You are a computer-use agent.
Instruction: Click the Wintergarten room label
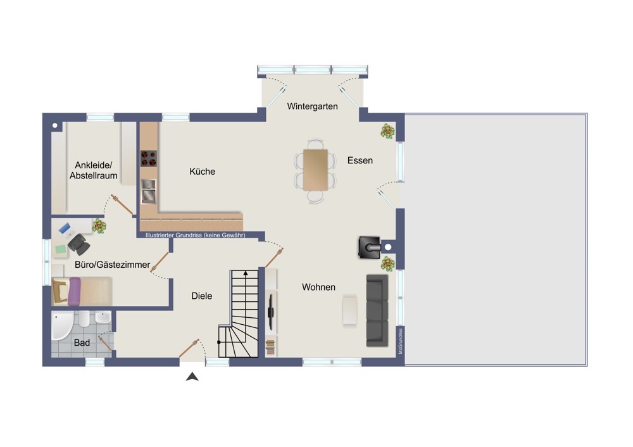pyautogui.click(x=313, y=106)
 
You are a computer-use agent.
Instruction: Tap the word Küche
pyautogui.click(x=203, y=172)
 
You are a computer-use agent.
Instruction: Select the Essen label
pyautogui.click(x=360, y=160)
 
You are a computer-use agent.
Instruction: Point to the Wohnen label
pyautogui.click(x=318, y=287)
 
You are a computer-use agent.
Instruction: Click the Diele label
pyautogui.click(x=202, y=296)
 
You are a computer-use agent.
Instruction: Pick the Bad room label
pyautogui.click(x=82, y=343)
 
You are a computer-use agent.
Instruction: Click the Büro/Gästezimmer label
pyautogui.click(x=112, y=265)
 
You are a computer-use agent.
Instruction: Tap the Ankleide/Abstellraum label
pyautogui.click(x=94, y=170)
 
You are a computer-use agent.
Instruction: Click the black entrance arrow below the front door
pyautogui.click(x=192, y=377)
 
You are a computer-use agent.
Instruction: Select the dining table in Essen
pyautogui.click(x=316, y=170)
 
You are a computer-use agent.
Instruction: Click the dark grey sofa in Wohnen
pyautogui.click(x=377, y=310)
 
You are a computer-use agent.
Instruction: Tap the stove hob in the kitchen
pyautogui.click(x=149, y=159)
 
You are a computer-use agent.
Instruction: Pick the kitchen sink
pyautogui.click(x=149, y=191)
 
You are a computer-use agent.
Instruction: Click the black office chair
pyautogui.click(x=78, y=244)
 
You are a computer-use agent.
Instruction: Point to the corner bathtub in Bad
pyautogui.click(x=62, y=325)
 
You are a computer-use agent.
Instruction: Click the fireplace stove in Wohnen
pyautogui.click(x=370, y=248)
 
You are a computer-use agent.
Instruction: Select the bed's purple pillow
pyautogui.click(x=74, y=291)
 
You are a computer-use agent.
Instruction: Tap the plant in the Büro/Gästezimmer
pyautogui.click(x=99, y=226)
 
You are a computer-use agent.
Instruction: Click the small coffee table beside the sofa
pyautogui.click(x=349, y=310)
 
